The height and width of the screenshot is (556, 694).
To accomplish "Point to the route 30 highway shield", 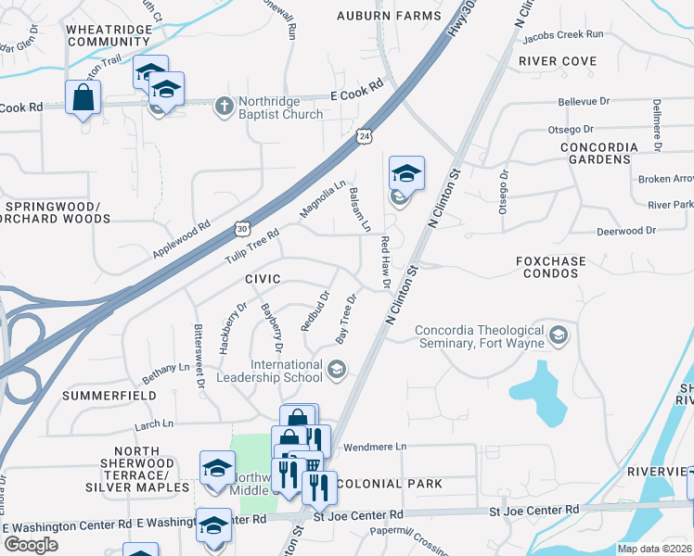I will (x=242, y=226).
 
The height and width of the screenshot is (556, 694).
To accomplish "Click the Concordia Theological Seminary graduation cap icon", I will (x=558, y=334).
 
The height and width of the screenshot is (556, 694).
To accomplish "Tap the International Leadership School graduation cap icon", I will (x=336, y=371).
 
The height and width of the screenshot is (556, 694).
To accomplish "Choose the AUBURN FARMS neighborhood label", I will (x=389, y=17).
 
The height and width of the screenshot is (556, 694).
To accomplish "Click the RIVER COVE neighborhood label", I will (x=558, y=61).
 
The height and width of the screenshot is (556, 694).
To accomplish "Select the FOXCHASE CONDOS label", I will (x=551, y=268).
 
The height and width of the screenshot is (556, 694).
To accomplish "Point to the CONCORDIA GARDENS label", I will (x=599, y=153).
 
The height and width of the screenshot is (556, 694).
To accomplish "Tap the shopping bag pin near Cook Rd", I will (x=84, y=97).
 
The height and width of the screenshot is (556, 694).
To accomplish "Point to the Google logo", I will (x=31, y=545).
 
